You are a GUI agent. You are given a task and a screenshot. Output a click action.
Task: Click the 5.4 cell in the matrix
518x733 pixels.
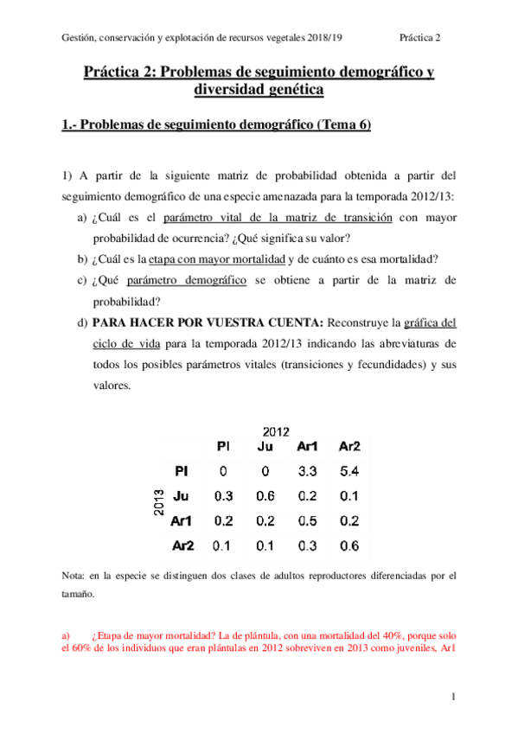pyautogui.click(x=349, y=472)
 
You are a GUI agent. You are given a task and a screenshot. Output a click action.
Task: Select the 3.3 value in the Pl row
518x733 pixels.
pyautogui.click(x=307, y=472)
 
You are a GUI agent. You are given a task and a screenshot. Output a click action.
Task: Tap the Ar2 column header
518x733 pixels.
pyautogui.click(x=349, y=447)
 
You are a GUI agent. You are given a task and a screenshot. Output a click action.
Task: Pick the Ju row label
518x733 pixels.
pyautogui.click(x=181, y=496)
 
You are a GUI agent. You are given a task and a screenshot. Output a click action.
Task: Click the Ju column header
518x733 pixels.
pyautogui.click(x=265, y=447)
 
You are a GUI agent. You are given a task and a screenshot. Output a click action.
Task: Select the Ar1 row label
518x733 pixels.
pyautogui.click(x=181, y=521)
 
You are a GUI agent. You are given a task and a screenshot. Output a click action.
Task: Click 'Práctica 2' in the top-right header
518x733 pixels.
pyautogui.click(x=420, y=37)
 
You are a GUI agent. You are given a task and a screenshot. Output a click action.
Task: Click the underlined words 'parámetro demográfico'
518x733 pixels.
pyautogui.click(x=187, y=280)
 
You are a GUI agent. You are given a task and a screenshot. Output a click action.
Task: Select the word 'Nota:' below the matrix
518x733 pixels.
pyautogui.click(x=74, y=575)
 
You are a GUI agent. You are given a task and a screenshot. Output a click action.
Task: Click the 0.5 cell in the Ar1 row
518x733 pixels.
pyautogui.click(x=307, y=521)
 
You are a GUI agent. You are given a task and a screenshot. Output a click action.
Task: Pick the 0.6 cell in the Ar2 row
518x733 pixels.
pyautogui.click(x=349, y=545)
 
